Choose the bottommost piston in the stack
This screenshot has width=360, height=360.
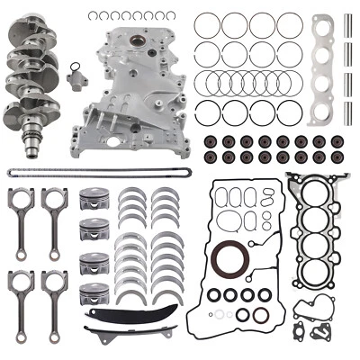click(x=94, y=295)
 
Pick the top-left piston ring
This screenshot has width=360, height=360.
click(x=208, y=26)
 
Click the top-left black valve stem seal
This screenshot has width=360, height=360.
click(x=209, y=141)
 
